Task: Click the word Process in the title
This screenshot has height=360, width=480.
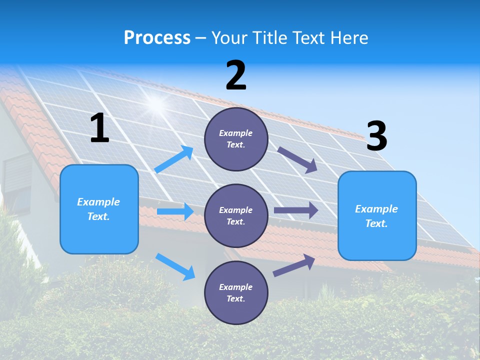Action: (157, 37)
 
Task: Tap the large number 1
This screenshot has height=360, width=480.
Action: (99, 128)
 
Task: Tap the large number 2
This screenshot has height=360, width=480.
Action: (236, 75)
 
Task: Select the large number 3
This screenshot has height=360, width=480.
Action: (376, 136)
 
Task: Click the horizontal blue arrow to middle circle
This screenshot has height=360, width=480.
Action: (175, 211)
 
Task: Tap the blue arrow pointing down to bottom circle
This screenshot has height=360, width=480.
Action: (175, 266)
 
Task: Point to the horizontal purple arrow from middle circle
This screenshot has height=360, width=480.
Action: (296, 210)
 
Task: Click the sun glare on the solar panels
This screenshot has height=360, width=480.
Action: (156, 104)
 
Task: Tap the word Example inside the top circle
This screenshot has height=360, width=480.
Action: (236, 133)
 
